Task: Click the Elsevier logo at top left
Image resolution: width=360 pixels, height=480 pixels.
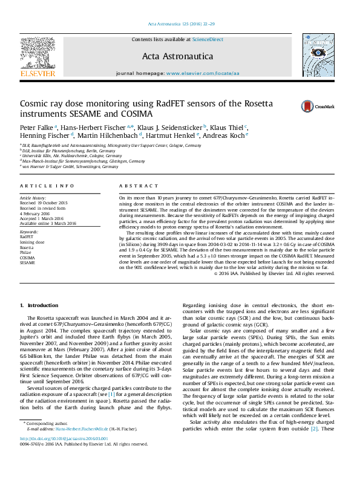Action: [x=38, y=57]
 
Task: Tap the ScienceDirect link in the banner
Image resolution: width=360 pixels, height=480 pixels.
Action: [x=208, y=39]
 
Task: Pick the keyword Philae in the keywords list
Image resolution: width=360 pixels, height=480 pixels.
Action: [x=26, y=253]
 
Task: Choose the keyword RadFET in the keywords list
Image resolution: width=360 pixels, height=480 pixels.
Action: [x=27, y=243]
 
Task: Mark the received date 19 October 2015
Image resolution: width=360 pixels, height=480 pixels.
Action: [x=44, y=203]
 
